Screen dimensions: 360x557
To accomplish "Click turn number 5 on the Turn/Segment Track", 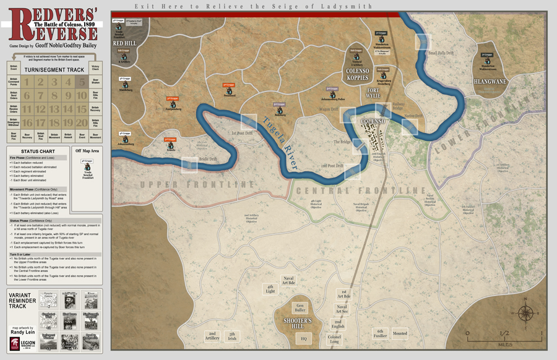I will (x=81, y=82).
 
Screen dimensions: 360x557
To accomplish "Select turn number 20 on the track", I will (x=81, y=122).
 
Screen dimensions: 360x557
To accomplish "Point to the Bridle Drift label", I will (x=208, y=159).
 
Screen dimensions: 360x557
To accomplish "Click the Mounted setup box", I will (x=400, y=333).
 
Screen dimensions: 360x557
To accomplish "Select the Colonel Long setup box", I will (x=334, y=339).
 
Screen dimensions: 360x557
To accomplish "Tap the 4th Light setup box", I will (x=270, y=288).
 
